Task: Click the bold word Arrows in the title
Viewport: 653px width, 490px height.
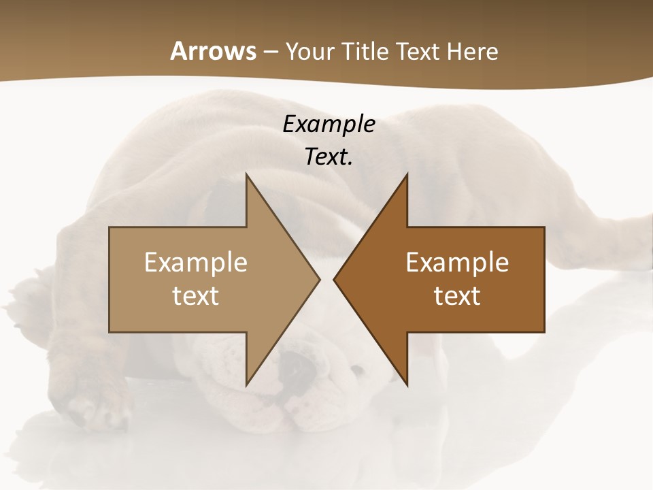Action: [213, 51]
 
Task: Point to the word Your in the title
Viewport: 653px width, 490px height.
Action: [310, 51]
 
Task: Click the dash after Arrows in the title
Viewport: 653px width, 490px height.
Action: [270, 52]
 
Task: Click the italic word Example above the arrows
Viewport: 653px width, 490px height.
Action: [329, 125]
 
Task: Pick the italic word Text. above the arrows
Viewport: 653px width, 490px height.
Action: [329, 157]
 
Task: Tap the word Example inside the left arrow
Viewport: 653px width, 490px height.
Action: [196, 263]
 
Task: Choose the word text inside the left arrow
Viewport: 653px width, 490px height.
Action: [196, 296]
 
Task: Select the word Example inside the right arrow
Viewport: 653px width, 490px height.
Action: [457, 263]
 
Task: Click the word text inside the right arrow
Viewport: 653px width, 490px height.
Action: [457, 296]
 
